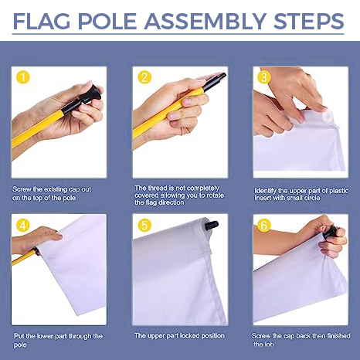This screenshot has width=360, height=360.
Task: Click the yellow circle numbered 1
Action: coord(23,77)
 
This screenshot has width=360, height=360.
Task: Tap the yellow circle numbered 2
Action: coord(144,77)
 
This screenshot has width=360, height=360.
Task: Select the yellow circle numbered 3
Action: coord(264,77)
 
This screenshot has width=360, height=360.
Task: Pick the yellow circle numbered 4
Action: coord(23,226)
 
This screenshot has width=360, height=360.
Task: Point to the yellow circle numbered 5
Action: coord(144,226)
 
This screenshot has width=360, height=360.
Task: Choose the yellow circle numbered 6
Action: coord(264,226)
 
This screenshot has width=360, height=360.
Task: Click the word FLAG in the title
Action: coord(42,21)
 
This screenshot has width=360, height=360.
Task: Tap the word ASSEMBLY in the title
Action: coord(205,21)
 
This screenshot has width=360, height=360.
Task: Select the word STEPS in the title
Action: coord(308,21)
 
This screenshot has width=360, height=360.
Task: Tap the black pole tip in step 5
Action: coord(211,226)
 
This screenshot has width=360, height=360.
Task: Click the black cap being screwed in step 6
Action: coord(331,232)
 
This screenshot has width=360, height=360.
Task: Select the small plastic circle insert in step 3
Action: coord(328,117)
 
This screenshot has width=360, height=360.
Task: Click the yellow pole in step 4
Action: coord(24,258)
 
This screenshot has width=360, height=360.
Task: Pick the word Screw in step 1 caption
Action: coord(22,189)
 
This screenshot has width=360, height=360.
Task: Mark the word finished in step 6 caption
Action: coord(335,336)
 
